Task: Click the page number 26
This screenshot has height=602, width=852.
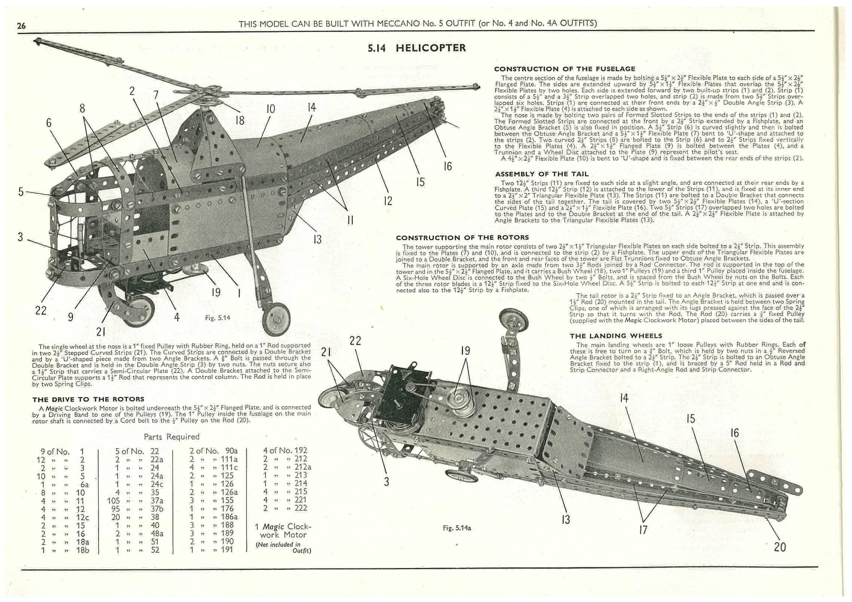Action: click(x=21, y=26)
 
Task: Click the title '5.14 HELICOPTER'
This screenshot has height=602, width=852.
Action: click(x=417, y=48)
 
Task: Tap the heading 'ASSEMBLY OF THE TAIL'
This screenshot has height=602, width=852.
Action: click(x=542, y=174)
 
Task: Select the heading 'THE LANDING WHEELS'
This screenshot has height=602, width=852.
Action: click(x=616, y=336)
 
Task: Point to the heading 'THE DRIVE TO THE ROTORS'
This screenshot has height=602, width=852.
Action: click(x=88, y=399)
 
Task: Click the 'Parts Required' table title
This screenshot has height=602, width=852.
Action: click(x=171, y=436)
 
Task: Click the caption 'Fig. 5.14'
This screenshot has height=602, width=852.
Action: click(x=218, y=318)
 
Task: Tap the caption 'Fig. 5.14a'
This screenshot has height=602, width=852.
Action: click(x=456, y=528)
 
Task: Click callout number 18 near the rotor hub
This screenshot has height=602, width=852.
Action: click(x=240, y=120)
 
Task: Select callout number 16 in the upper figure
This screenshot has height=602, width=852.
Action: click(x=447, y=166)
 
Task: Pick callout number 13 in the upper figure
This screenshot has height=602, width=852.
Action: click(x=317, y=239)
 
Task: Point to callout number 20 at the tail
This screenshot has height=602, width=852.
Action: click(x=780, y=547)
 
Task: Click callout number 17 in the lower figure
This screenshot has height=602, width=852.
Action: click(x=643, y=529)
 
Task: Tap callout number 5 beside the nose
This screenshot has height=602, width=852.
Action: click(x=21, y=192)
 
